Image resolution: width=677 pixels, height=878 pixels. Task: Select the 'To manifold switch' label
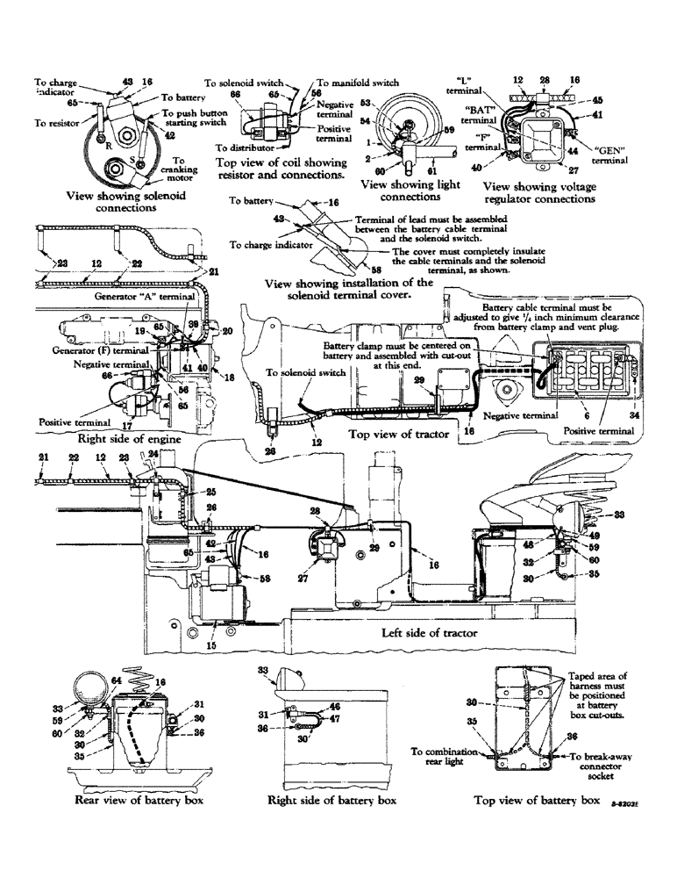click(357, 82)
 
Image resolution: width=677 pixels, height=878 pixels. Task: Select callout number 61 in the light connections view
click(433, 169)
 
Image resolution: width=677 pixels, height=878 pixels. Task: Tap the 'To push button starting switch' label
click(195, 119)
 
